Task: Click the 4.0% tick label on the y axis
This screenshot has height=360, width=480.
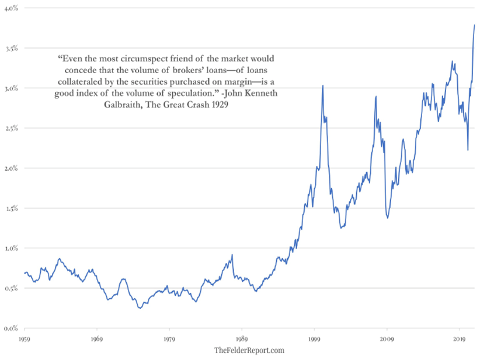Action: pyautogui.click(x=11, y=8)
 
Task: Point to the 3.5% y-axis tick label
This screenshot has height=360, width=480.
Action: pyautogui.click(x=11, y=48)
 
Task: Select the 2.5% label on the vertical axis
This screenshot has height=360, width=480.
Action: pyautogui.click(x=11, y=128)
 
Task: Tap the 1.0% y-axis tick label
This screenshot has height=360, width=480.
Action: pyautogui.click(x=11, y=248)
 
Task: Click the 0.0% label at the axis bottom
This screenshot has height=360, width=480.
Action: pyautogui.click(x=11, y=328)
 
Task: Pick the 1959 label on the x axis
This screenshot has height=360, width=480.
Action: pyautogui.click(x=25, y=338)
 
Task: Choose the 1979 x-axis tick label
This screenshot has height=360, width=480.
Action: pyautogui.click(x=169, y=338)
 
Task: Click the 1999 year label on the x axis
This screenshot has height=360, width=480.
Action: pyautogui.click(x=314, y=338)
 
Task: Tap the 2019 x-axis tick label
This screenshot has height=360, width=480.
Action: pyautogui.click(x=459, y=338)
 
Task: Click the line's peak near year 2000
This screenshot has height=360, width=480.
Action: pyautogui.click(x=323, y=86)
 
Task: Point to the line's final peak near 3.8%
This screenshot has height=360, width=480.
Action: pyautogui.click(x=474, y=25)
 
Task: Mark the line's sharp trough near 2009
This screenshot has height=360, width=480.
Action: pyautogui.click(x=387, y=218)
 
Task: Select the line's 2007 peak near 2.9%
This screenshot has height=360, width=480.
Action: pyautogui.click(x=376, y=96)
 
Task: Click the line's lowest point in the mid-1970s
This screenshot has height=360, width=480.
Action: pyautogui.click(x=139, y=307)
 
